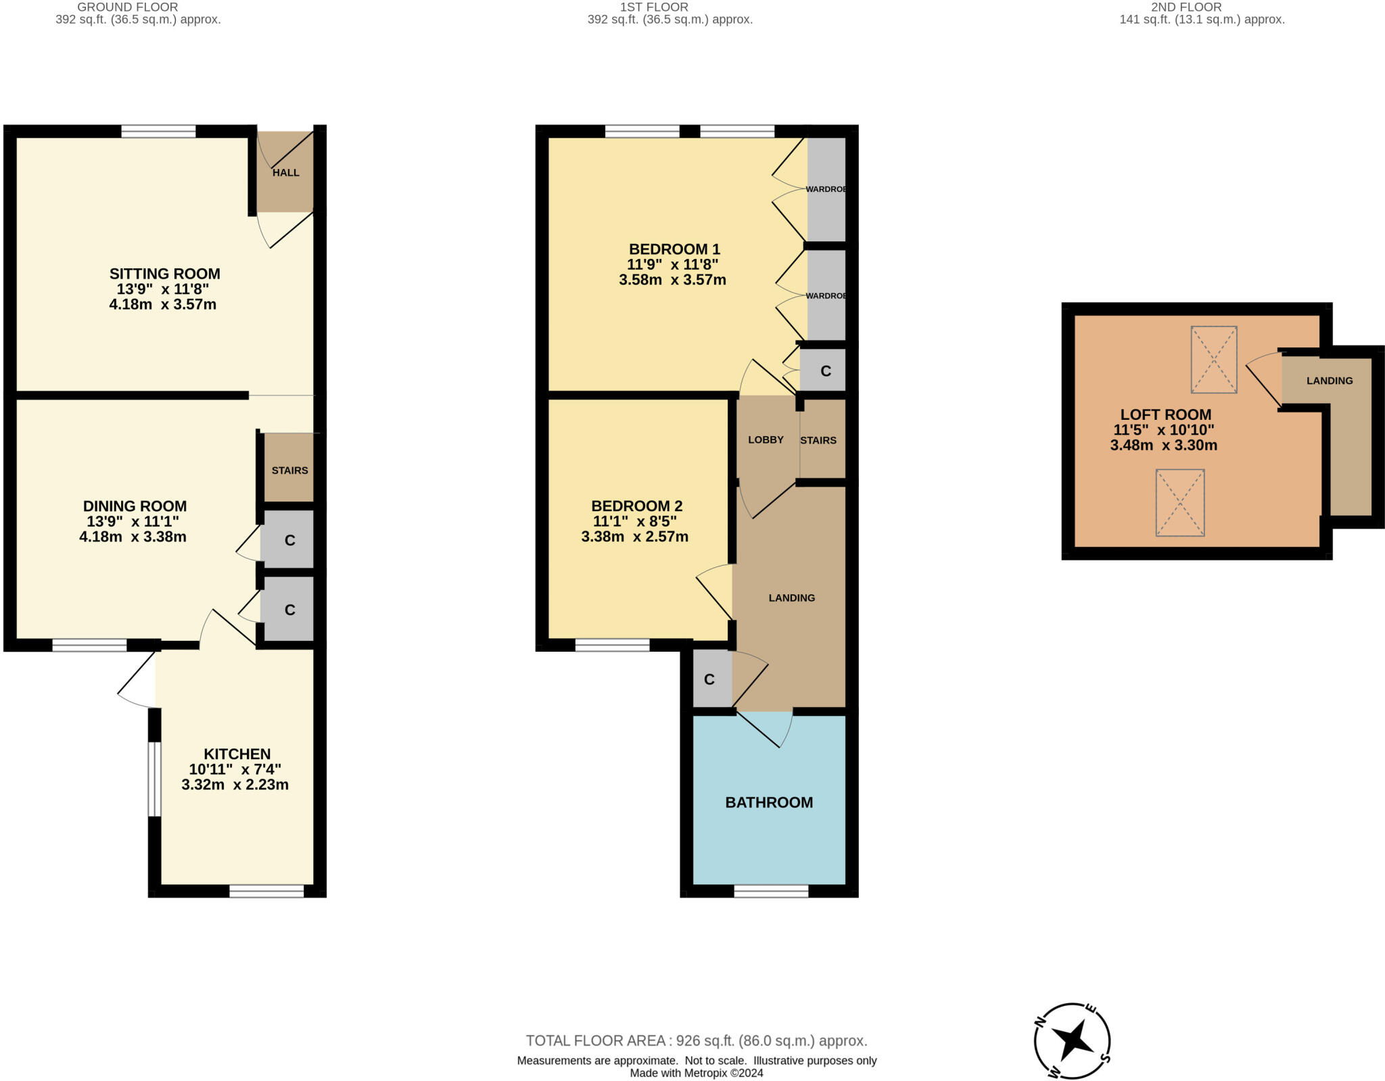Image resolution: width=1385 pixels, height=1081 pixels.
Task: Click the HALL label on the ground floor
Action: tap(285, 172)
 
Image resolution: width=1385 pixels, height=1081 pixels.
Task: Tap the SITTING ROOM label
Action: tap(164, 274)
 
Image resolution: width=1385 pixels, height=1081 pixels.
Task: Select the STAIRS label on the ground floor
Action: tap(289, 471)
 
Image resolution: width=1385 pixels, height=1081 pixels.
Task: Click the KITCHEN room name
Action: tap(237, 754)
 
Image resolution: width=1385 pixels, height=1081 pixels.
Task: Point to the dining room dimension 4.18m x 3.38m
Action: tap(133, 537)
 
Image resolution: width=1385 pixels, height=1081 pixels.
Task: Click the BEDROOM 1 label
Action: tap(674, 249)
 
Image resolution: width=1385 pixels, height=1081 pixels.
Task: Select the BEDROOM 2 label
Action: tap(636, 506)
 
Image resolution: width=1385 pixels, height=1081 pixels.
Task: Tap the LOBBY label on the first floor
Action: tap(766, 440)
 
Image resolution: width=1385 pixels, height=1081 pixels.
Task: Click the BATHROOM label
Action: tap(769, 802)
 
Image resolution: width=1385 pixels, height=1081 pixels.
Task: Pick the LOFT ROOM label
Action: tap(1165, 414)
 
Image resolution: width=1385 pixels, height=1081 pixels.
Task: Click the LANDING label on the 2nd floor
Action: tap(1329, 381)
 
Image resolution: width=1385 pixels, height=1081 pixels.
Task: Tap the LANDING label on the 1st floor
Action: tap(791, 598)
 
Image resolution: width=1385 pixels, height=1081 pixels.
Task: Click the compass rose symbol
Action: tap(1072, 1041)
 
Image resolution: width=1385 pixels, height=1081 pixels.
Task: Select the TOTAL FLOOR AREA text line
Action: tap(697, 1041)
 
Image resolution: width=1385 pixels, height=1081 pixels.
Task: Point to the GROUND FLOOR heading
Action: tap(128, 7)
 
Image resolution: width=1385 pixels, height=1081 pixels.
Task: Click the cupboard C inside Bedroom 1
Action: tap(825, 371)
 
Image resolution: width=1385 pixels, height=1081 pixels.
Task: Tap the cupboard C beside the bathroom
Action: tap(709, 679)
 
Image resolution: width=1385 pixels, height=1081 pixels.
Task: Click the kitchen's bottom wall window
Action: tap(266, 892)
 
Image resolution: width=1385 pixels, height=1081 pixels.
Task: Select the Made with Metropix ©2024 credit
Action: tap(697, 1073)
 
